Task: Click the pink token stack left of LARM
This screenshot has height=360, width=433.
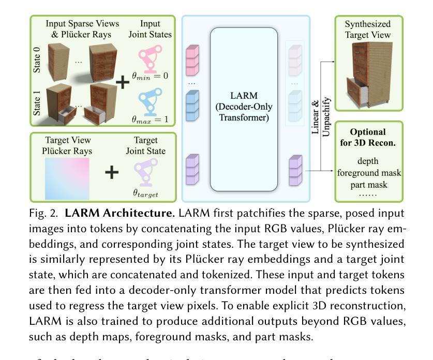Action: coord(192,61)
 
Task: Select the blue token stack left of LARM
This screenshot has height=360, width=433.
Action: coord(192,104)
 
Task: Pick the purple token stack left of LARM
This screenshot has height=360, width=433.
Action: coord(192,170)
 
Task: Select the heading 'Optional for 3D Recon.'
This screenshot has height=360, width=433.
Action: coord(369,137)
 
